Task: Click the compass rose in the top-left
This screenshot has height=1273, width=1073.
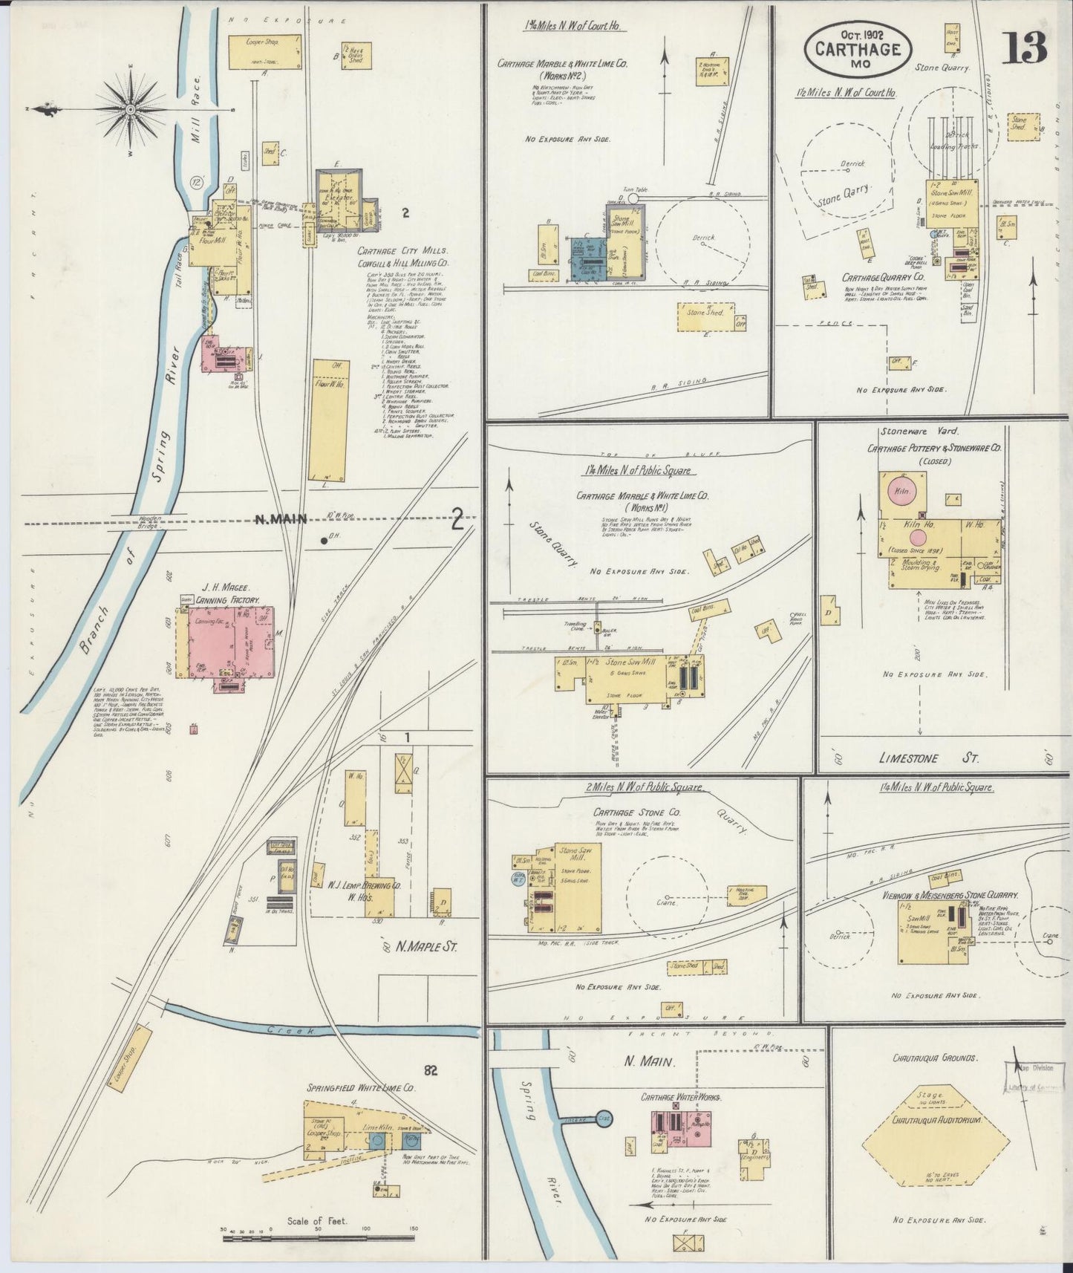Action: tap(131, 110)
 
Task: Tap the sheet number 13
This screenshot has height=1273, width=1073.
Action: tap(1026, 50)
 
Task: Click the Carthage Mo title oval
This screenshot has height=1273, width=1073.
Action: tap(858, 49)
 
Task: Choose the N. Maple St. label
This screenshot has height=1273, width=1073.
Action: tap(425, 947)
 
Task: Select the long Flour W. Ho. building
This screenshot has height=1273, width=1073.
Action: tap(330, 420)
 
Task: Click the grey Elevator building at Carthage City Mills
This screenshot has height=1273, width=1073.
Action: tap(340, 202)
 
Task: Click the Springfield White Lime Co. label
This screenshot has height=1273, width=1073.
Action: tap(361, 1087)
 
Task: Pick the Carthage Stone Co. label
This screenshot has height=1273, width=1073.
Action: tap(626, 812)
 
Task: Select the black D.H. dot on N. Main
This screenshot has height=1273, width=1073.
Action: tap(324, 541)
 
